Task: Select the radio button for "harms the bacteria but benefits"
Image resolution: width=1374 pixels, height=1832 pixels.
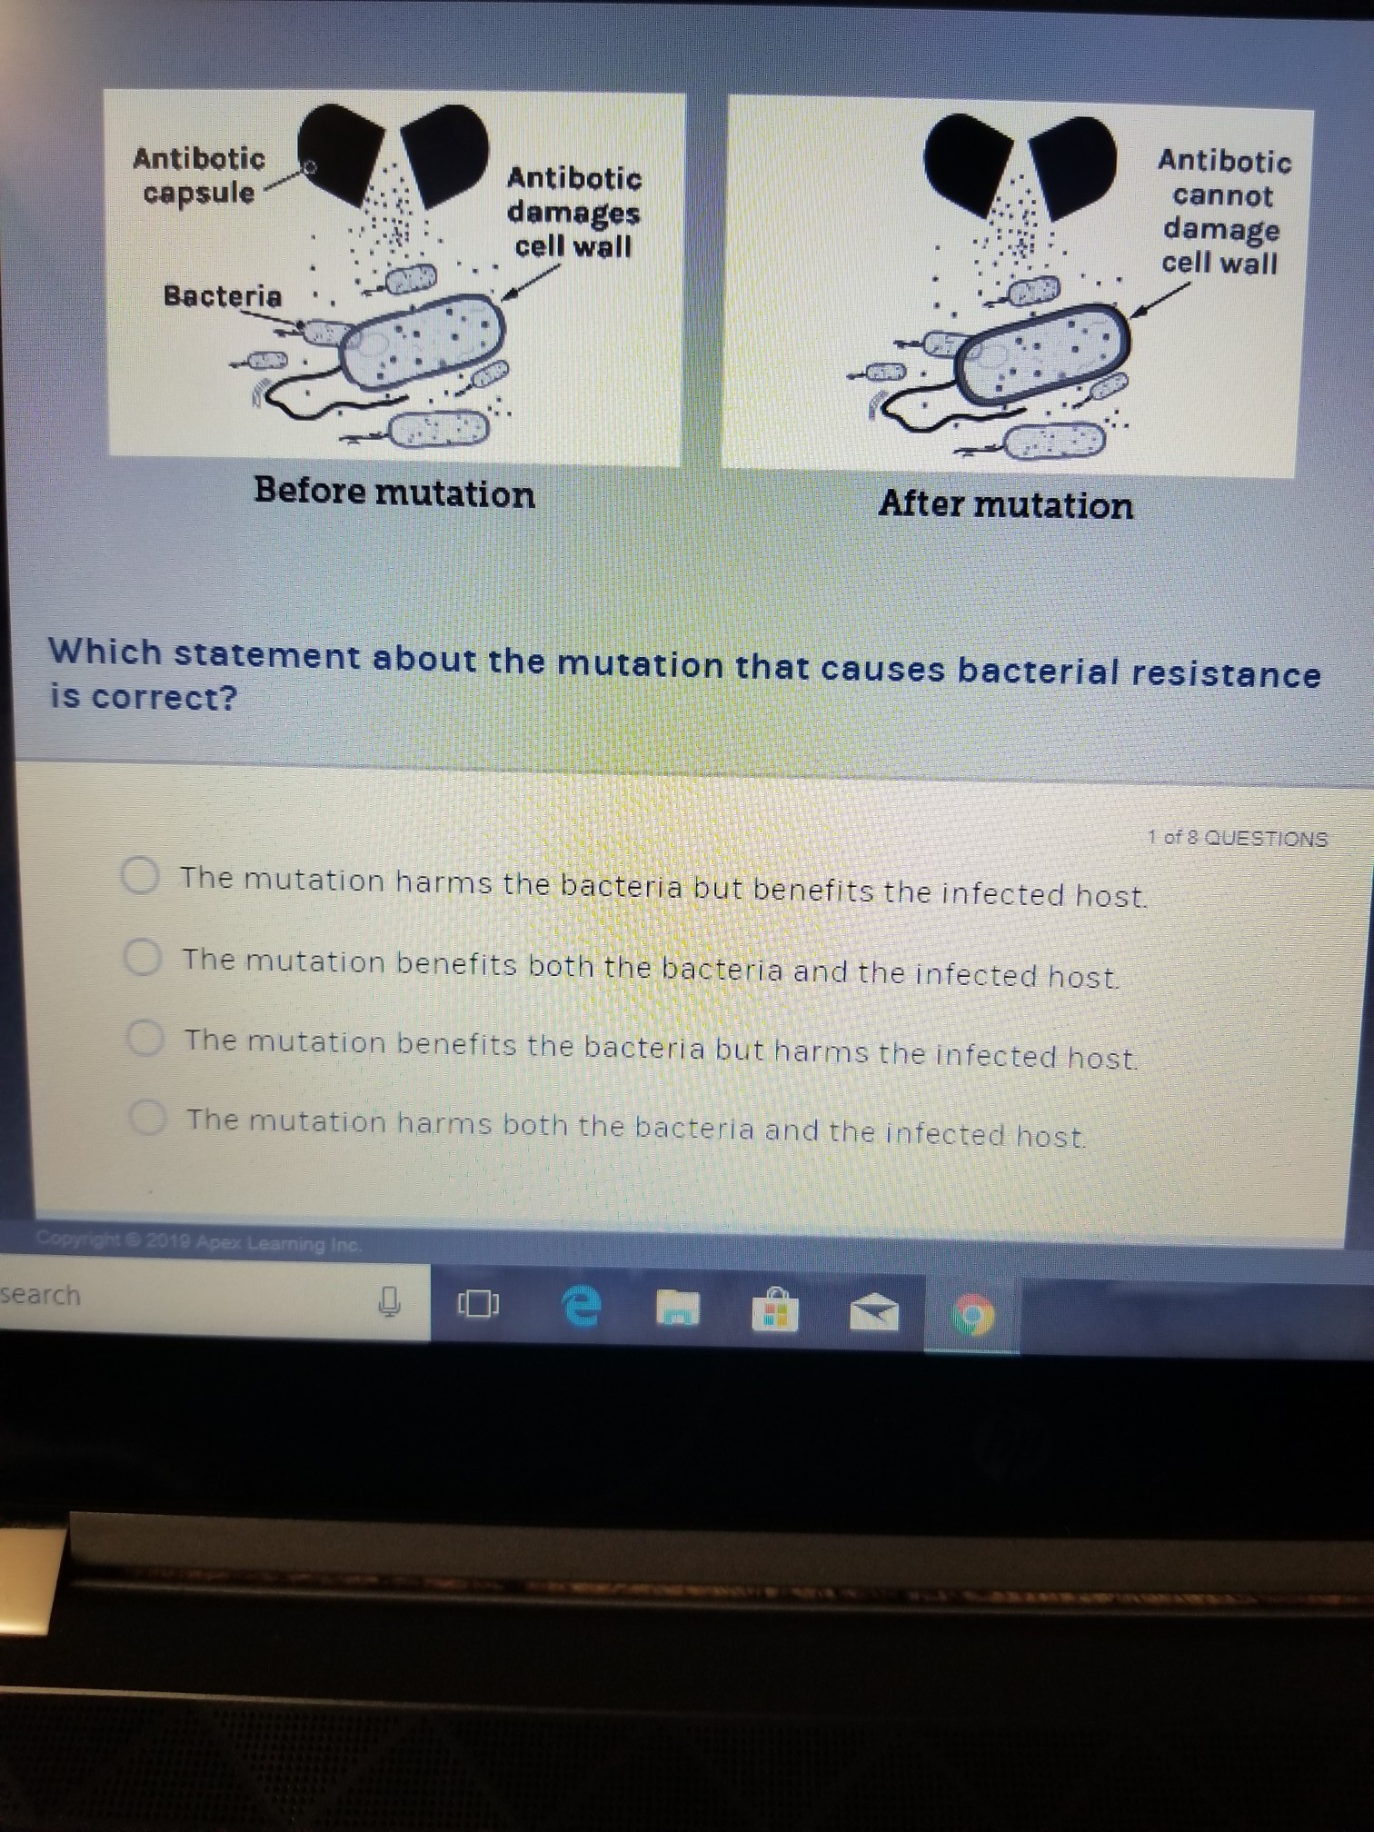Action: (141, 876)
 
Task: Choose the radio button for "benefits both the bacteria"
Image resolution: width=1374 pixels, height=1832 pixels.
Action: (143, 957)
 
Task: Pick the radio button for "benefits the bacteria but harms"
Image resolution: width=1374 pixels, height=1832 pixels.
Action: (145, 1038)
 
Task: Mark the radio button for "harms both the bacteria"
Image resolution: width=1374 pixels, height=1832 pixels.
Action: (147, 1118)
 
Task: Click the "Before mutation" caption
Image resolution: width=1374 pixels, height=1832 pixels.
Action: (394, 493)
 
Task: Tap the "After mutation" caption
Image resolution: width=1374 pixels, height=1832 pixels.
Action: (1006, 504)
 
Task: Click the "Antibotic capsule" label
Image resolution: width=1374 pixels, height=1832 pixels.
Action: (199, 175)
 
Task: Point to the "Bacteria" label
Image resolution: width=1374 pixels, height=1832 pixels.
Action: (223, 296)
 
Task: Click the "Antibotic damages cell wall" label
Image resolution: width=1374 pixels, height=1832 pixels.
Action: (574, 212)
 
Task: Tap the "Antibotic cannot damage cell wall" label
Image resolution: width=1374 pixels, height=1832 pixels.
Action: (1223, 212)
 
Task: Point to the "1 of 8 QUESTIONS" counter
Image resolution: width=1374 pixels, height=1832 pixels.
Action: (1237, 838)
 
